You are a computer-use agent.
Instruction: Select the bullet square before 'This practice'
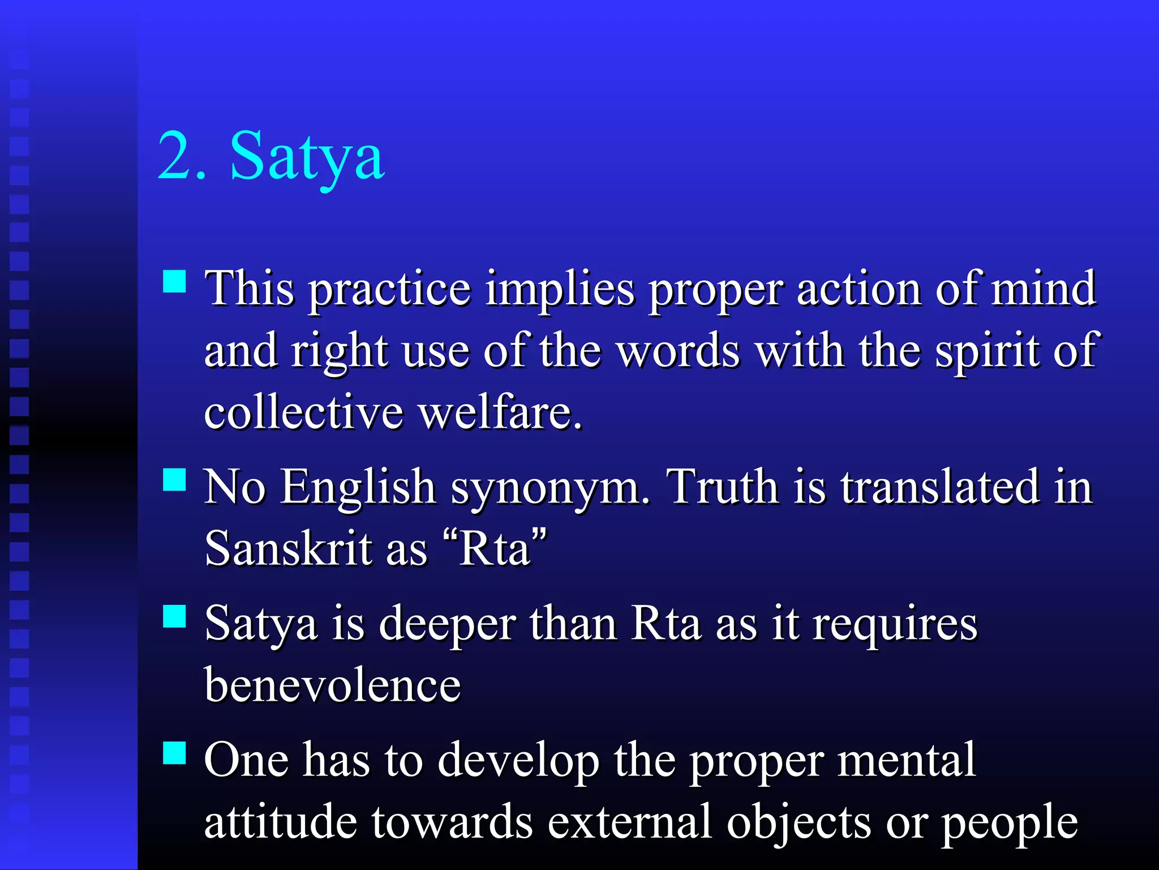point(174,281)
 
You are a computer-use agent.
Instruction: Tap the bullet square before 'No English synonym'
point(174,479)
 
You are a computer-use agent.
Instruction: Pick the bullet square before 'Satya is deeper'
point(174,616)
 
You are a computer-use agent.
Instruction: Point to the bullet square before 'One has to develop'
point(174,753)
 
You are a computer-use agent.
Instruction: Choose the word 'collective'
point(303,412)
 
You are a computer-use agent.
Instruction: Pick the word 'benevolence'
point(333,685)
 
